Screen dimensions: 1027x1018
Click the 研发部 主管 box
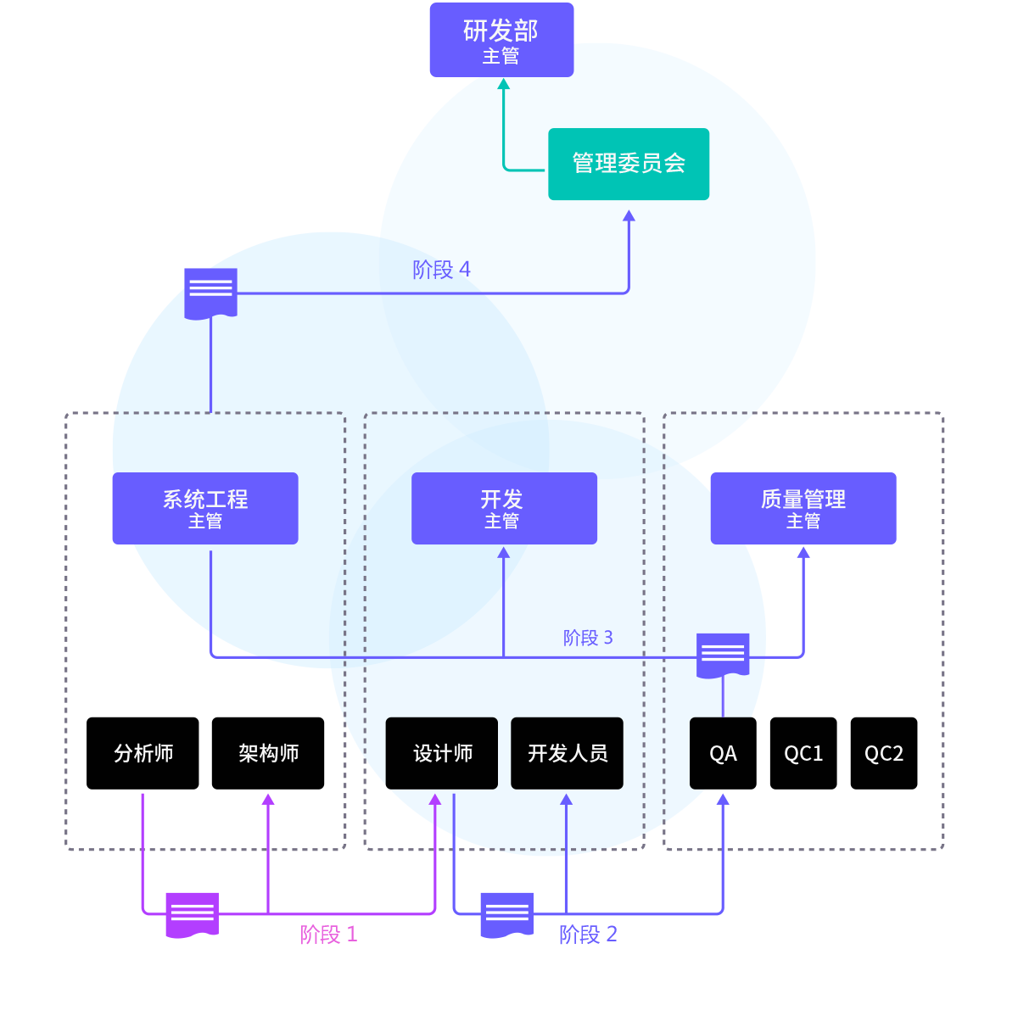pos(501,40)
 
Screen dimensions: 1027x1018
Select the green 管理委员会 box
pos(629,164)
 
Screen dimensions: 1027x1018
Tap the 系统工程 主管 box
pos(205,508)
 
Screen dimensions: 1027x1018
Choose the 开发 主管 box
pos(504,508)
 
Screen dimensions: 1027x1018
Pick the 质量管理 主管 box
pos(803,508)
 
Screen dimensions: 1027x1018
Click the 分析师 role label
pos(143,753)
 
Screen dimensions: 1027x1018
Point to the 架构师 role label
pos(268,753)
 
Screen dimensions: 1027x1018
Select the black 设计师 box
pos(442,753)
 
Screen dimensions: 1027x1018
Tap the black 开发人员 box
pos(567,753)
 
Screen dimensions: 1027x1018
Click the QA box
pos(723,753)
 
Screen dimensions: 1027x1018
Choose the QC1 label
pos(803,753)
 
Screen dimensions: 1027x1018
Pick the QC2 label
pos(884,753)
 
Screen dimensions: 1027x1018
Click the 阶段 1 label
pos(328,935)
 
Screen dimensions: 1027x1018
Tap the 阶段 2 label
pos(588,935)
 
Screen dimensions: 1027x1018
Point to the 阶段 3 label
pos(588,638)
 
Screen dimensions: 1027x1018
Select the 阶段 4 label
pos(441,270)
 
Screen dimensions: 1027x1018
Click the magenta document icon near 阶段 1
pos(192,914)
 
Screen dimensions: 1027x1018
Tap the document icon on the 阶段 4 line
pos(210,293)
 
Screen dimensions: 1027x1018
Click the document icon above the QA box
pos(723,655)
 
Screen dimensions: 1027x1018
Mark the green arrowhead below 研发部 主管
pos(503,84)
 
